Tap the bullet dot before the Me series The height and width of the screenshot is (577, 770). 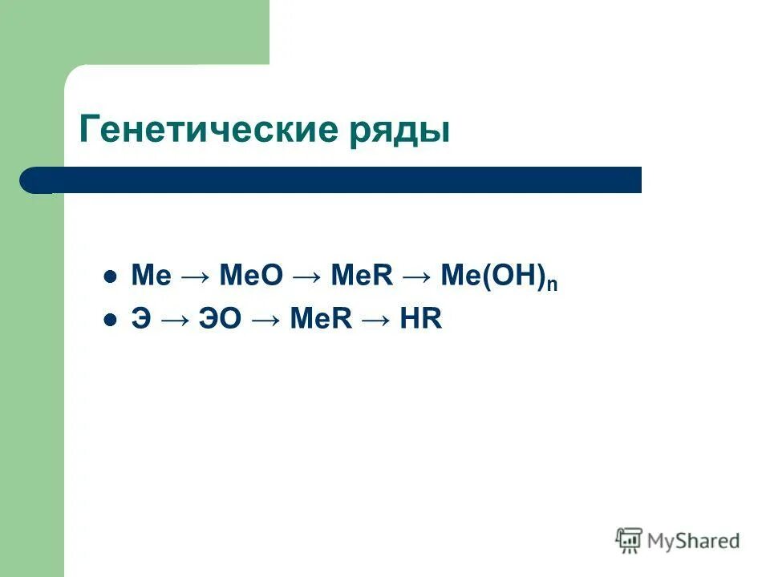111,276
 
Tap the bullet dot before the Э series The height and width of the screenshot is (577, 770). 111,320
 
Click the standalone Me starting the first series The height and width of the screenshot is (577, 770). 151,276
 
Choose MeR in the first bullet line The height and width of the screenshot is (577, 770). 362,276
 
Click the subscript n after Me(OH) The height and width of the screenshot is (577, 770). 553,284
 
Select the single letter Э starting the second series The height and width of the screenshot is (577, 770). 140,320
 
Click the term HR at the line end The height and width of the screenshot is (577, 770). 424,320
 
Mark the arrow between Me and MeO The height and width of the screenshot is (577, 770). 195,276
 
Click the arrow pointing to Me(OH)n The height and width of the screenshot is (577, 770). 417,276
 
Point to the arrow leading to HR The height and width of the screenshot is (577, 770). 375,320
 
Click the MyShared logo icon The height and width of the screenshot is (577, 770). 629,540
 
